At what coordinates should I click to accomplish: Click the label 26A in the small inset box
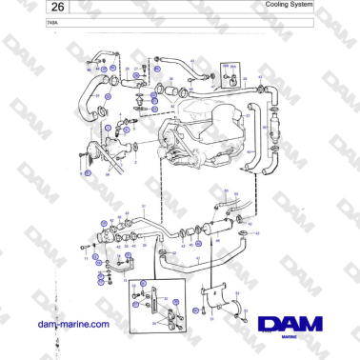click(x=226, y=65)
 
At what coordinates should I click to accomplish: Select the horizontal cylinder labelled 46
click(x=214, y=228)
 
